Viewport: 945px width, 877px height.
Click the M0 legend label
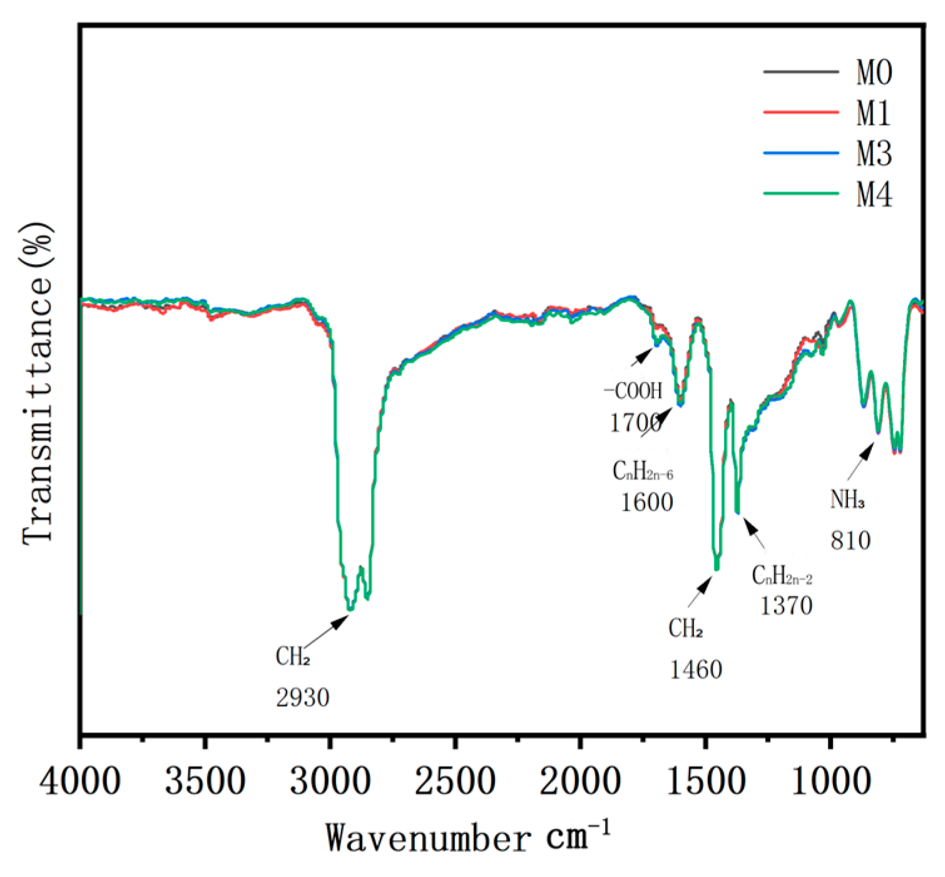click(874, 73)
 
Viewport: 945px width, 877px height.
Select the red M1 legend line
click(800, 112)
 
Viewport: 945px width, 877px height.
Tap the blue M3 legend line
click(800, 153)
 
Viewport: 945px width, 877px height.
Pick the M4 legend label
click(874, 194)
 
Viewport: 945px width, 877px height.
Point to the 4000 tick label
click(80, 782)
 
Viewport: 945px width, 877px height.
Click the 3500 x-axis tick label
click(205, 782)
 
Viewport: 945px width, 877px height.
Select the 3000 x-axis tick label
click(330, 782)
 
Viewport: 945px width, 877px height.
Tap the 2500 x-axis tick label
click(455, 782)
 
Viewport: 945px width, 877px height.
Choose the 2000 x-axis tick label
click(580, 782)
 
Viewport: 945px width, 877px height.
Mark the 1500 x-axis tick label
click(705, 782)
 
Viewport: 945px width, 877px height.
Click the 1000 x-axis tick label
click(830, 782)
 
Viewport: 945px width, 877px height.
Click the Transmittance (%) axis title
click(38, 382)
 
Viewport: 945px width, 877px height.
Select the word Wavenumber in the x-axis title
click(427, 838)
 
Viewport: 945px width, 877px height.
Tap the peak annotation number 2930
click(302, 697)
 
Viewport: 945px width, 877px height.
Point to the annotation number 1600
click(646, 502)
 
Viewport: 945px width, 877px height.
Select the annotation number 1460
click(696, 670)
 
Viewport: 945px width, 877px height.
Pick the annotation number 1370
click(786, 605)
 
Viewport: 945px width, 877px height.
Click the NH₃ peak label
click(847, 500)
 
